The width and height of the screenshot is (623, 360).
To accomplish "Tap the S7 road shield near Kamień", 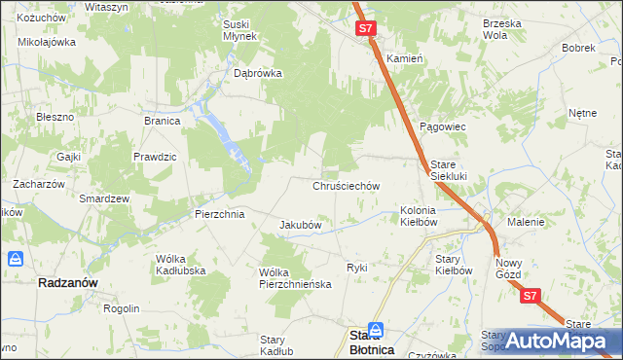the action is click(365, 29).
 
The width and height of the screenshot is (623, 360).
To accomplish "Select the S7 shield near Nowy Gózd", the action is click(529, 296).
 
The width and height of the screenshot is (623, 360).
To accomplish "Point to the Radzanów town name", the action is click(68, 282).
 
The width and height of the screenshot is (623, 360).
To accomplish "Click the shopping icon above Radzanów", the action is click(17, 260).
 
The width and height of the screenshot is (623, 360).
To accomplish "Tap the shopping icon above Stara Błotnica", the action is click(376, 331).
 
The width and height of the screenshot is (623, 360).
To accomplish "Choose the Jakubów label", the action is click(301, 225).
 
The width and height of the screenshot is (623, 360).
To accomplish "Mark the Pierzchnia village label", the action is click(219, 214).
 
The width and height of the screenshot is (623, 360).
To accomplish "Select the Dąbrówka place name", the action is click(258, 72).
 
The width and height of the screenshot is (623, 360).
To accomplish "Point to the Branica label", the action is click(163, 122).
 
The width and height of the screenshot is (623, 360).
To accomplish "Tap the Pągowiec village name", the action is click(443, 127).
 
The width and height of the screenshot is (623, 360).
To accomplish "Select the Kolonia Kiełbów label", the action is click(420, 216).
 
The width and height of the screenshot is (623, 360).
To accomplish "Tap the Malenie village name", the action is click(526, 222).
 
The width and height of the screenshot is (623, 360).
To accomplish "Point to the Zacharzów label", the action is click(38, 183).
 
